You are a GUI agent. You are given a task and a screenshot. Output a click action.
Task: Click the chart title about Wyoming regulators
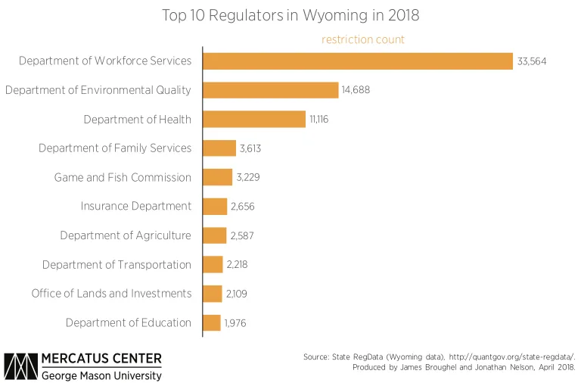(290, 15)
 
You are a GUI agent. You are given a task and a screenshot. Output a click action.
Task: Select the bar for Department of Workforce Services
(357, 61)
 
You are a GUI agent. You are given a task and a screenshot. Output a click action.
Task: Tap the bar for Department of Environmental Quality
(270, 90)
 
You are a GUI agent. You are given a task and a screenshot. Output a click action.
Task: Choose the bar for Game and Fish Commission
(217, 177)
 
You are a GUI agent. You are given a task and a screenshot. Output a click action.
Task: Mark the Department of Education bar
(211, 322)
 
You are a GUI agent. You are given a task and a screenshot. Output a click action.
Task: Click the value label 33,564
(532, 61)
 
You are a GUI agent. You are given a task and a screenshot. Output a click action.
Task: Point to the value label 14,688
(356, 90)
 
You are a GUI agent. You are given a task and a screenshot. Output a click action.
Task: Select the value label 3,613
(250, 148)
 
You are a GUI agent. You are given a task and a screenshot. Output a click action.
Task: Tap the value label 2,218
(237, 265)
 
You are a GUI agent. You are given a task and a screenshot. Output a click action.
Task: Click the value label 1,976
(235, 323)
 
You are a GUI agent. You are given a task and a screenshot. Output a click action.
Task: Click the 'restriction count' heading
(363, 39)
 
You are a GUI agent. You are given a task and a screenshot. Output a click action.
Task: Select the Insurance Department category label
(136, 206)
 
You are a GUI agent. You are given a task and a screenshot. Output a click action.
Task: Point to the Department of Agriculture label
(126, 235)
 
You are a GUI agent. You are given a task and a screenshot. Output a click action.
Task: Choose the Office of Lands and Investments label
(111, 294)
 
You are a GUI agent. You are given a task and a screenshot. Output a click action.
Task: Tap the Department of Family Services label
(115, 148)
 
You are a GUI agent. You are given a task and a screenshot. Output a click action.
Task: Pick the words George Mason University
(101, 375)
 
